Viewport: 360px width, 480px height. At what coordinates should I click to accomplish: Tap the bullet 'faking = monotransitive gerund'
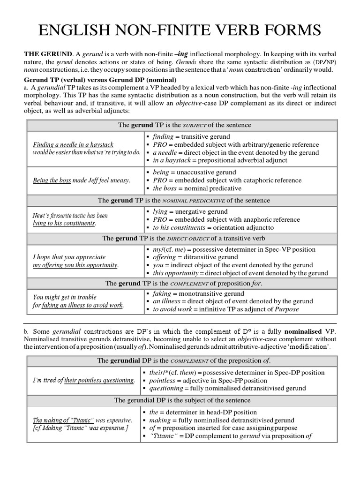coord(200,293)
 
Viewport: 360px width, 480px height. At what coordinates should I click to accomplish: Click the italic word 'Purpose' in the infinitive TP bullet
coord(286,309)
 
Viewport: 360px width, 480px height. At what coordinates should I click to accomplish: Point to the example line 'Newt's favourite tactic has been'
coord(70,215)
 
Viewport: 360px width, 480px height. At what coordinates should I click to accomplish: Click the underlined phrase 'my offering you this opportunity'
coord(75,265)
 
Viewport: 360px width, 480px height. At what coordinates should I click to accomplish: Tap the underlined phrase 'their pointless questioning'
coord(99,380)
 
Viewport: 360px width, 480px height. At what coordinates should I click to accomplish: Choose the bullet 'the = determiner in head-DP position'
coord(209,412)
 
